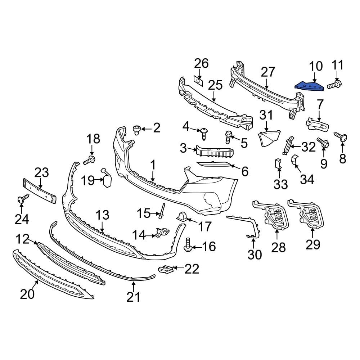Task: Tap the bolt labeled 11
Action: tap(335, 85)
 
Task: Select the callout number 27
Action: tap(268, 72)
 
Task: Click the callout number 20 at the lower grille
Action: tap(27, 294)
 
